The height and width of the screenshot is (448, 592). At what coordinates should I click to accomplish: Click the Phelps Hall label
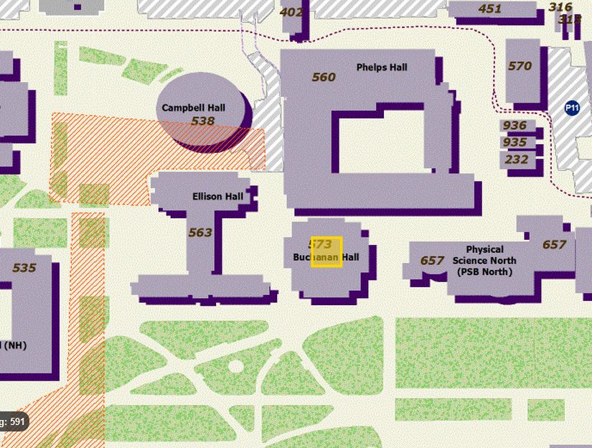click(382, 67)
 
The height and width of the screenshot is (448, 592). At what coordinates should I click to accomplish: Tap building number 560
click(324, 77)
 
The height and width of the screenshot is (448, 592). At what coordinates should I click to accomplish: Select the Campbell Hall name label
click(193, 108)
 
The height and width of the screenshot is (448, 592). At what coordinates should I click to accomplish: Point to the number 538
click(203, 121)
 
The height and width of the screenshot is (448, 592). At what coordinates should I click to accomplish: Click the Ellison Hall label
click(217, 196)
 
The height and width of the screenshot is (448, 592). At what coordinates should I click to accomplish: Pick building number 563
click(200, 232)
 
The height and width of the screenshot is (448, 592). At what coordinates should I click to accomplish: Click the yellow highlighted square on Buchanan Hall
click(326, 252)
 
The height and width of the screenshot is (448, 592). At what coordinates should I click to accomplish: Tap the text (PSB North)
click(484, 271)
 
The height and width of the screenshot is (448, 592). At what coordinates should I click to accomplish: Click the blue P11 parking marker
click(572, 108)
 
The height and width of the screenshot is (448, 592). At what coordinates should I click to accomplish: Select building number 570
click(520, 66)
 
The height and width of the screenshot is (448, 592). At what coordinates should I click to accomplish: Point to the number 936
click(515, 126)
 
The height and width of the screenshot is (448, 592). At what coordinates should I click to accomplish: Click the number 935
click(515, 142)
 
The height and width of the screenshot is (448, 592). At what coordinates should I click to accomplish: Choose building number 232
click(517, 159)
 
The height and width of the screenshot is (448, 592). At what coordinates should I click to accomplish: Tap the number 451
click(489, 9)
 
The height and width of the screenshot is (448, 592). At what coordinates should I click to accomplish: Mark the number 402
click(291, 11)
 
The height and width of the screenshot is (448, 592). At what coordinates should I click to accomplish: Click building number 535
click(24, 268)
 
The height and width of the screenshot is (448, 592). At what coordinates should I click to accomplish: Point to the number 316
click(560, 7)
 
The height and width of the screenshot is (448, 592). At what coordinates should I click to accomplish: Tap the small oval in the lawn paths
click(235, 368)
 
